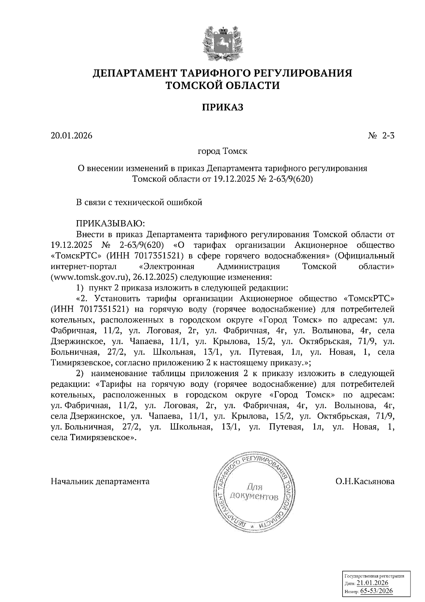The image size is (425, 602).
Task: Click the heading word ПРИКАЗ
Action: coord(222,107)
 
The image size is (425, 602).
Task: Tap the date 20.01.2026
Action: coord(72,136)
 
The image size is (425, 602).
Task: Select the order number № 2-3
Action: coord(381,136)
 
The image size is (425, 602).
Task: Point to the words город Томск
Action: coord(222,151)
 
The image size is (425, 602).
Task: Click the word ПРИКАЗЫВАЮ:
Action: coord(109,224)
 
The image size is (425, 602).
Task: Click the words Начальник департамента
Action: coord(100,481)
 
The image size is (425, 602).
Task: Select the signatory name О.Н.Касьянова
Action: coord(365,481)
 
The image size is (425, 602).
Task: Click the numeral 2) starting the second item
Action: coord(80,373)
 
